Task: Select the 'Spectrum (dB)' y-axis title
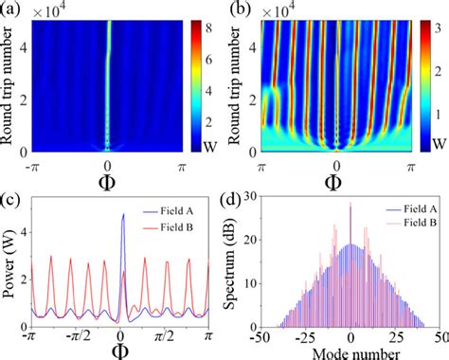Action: [240, 267]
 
